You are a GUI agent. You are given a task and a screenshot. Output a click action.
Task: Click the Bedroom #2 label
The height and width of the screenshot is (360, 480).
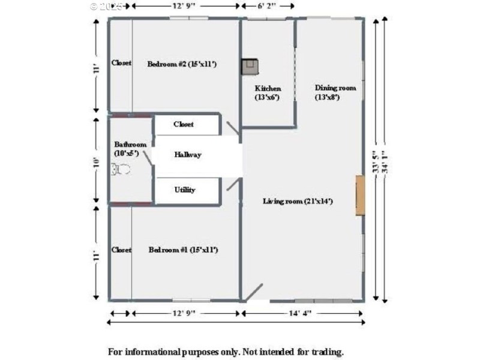click(x=181, y=64)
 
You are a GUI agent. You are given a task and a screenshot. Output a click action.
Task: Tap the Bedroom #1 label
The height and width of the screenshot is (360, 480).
click(x=183, y=250)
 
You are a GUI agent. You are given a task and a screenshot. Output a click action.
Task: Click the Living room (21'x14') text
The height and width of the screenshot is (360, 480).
click(x=298, y=201)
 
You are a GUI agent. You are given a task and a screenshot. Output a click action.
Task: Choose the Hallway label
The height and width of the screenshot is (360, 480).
click(x=188, y=154)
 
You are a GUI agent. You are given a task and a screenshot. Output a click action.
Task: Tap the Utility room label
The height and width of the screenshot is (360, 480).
click(x=185, y=190)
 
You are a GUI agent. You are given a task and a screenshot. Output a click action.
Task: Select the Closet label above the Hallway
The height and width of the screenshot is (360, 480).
click(x=184, y=124)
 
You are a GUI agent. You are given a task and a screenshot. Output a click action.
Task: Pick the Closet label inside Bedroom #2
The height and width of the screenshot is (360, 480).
click(x=121, y=63)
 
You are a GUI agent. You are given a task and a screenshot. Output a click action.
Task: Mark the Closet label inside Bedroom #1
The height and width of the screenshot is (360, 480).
click(x=121, y=250)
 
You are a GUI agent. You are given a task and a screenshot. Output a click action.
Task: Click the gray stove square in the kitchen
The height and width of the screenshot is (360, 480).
click(x=250, y=66)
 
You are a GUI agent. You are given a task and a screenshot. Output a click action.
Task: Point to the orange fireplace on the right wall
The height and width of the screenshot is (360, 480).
click(x=359, y=196)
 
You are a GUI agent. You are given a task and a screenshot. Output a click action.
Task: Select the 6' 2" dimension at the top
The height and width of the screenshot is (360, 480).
click(x=267, y=5)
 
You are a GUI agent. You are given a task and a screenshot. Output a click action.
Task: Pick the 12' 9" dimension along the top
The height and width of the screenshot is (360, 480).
click(x=185, y=5)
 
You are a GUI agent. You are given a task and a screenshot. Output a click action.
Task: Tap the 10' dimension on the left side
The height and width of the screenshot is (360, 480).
click(x=95, y=161)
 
